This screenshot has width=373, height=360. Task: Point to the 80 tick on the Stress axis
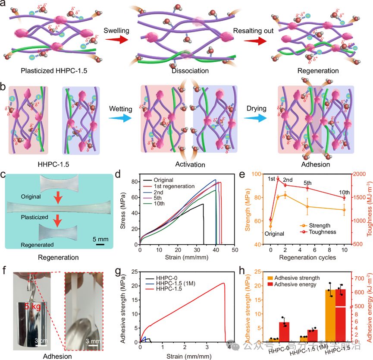[137, 181]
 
